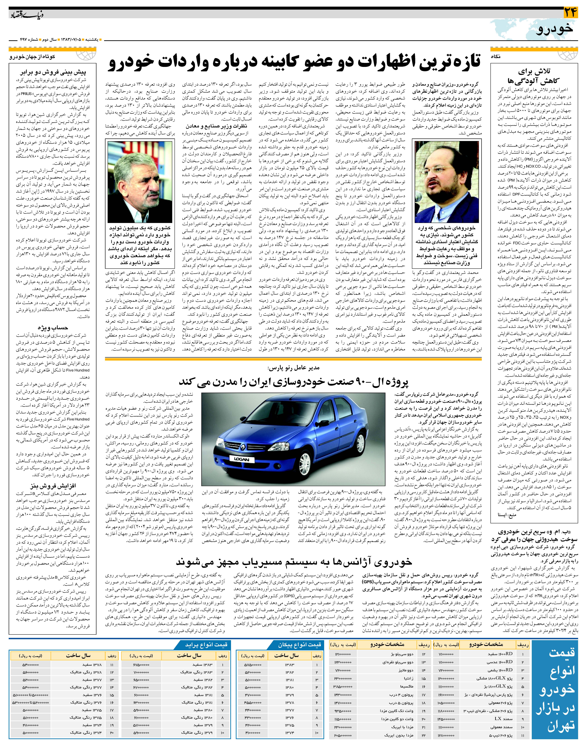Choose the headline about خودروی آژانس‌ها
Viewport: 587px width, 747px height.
(x=294, y=561)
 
